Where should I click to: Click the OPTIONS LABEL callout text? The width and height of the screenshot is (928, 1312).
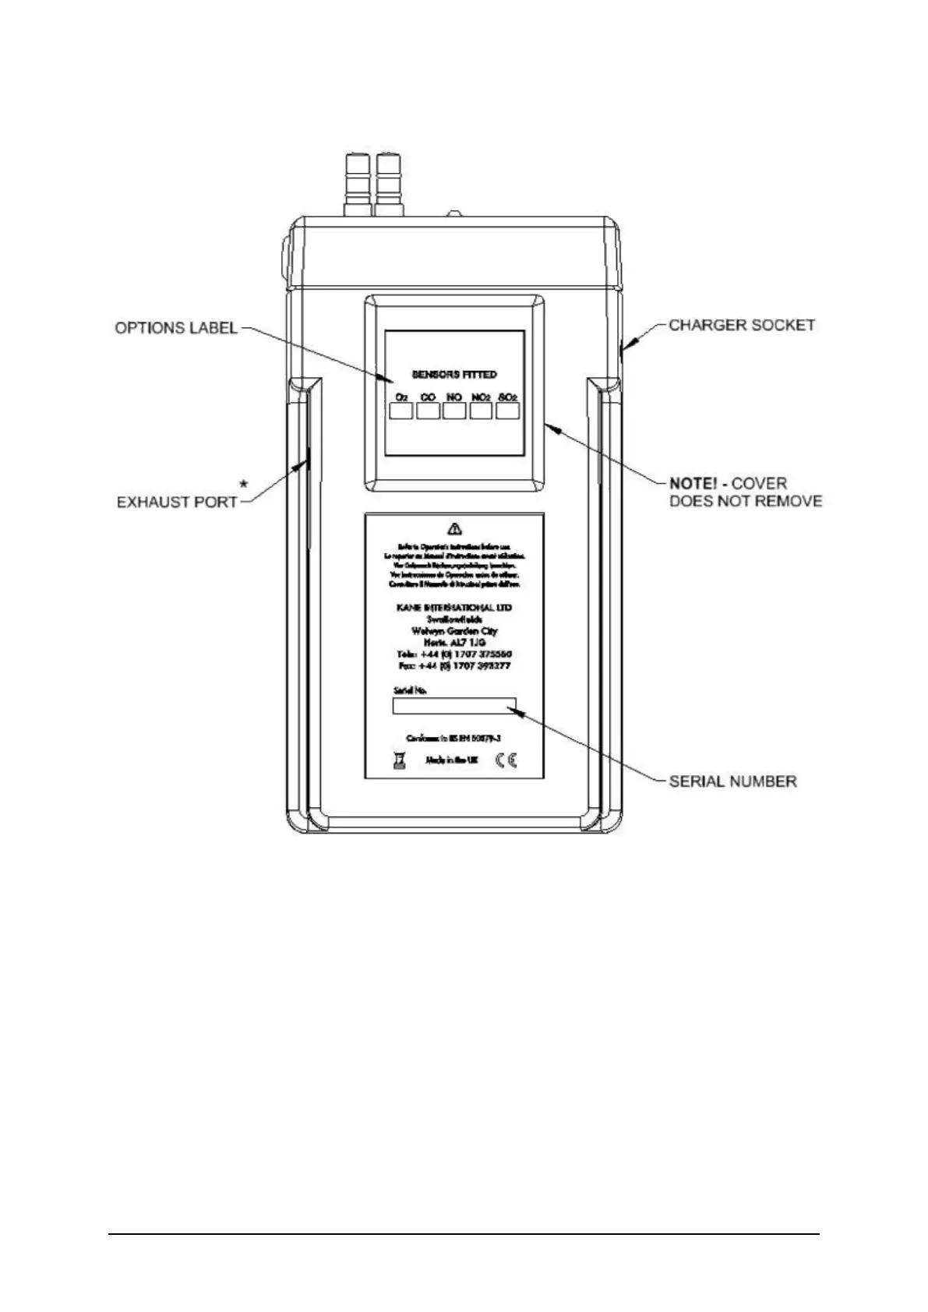point(176,328)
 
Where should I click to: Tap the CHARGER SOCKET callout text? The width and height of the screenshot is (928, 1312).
point(742,325)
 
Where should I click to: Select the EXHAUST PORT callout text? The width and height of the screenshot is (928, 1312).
point(177,502)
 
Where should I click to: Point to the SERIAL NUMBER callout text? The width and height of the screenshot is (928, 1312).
point(732,781)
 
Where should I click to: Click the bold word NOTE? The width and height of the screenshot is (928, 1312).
point(697,484)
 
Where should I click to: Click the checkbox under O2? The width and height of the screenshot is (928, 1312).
point(401,411)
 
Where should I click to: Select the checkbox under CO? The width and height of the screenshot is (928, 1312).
point(428,411)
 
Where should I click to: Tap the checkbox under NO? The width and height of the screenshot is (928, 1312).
point(454,411)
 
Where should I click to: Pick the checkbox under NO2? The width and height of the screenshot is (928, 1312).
point(481,411)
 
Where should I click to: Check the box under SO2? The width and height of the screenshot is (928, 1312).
point(507,411)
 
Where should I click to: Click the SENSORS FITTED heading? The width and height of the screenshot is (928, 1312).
point(454,375)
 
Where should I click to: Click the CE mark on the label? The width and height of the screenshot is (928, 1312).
point(506,760)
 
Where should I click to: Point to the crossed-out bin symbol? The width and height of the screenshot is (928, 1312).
point(400,760)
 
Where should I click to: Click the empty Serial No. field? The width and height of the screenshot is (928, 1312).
point(454,706)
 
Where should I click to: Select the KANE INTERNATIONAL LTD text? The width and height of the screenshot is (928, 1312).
point(454,607)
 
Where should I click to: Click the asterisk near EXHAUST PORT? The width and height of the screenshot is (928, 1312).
point(245,485)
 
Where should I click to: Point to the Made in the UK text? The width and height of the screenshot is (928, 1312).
point(452,760)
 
